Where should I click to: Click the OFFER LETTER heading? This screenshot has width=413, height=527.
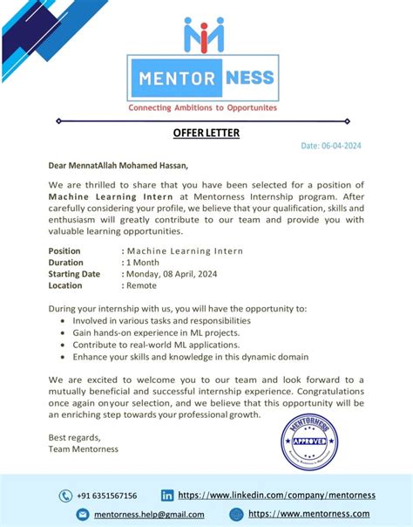pos(206,133)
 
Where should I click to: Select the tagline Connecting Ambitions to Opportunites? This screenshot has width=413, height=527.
pos(203,108)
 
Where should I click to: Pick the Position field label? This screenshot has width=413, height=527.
pos(65,250)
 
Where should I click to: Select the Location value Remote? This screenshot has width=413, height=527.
pos(141,285)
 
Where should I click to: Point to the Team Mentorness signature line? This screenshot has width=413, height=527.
pos(83,449)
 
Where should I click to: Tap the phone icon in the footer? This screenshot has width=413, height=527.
pos(65,496)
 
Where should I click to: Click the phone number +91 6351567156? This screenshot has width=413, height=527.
pos(106,496)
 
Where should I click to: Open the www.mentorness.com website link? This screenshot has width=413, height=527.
pos(310,514)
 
